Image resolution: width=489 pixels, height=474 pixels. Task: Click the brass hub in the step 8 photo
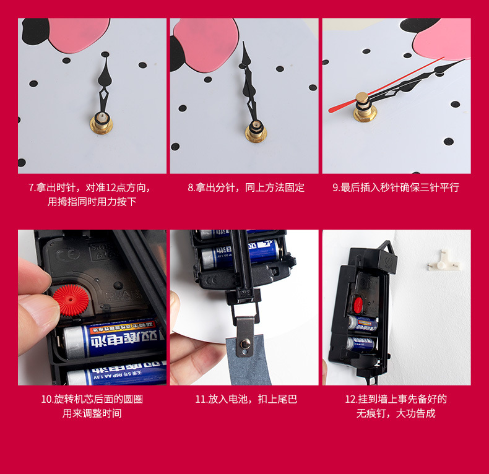point(255,131)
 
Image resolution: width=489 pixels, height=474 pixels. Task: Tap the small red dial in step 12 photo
point(358,304)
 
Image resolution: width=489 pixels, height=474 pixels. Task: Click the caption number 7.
point(31,187)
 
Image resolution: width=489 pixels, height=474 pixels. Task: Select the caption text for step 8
point(246,187)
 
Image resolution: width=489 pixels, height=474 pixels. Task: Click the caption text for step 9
point(396,187)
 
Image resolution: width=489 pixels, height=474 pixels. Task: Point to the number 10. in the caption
point(47,399)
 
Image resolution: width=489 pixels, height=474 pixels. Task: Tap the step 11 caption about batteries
point(246,399)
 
